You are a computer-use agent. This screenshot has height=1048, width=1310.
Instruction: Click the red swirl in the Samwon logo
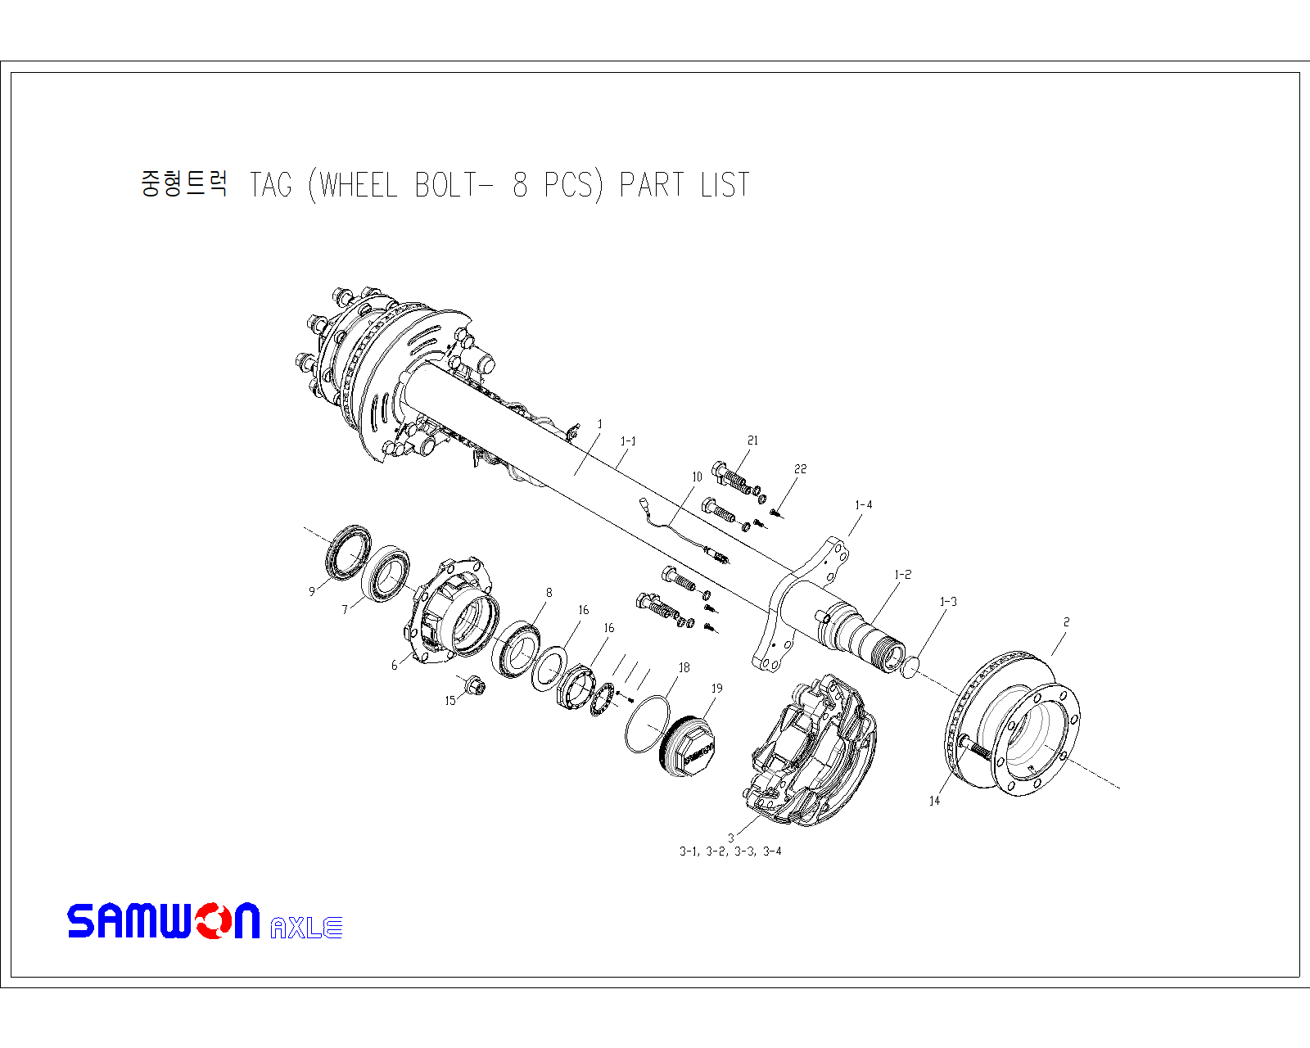215,920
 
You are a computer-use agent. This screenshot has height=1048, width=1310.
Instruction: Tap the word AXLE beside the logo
306,928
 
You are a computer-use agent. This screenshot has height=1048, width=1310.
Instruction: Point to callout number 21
753,440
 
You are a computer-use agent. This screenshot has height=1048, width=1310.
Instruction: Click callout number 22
801,469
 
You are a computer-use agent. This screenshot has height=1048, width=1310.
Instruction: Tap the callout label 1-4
864,505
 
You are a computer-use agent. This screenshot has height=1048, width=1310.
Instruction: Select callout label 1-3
948,602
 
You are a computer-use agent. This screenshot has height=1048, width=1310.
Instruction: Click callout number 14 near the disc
934,801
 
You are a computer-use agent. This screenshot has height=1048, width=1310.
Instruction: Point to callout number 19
717,688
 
